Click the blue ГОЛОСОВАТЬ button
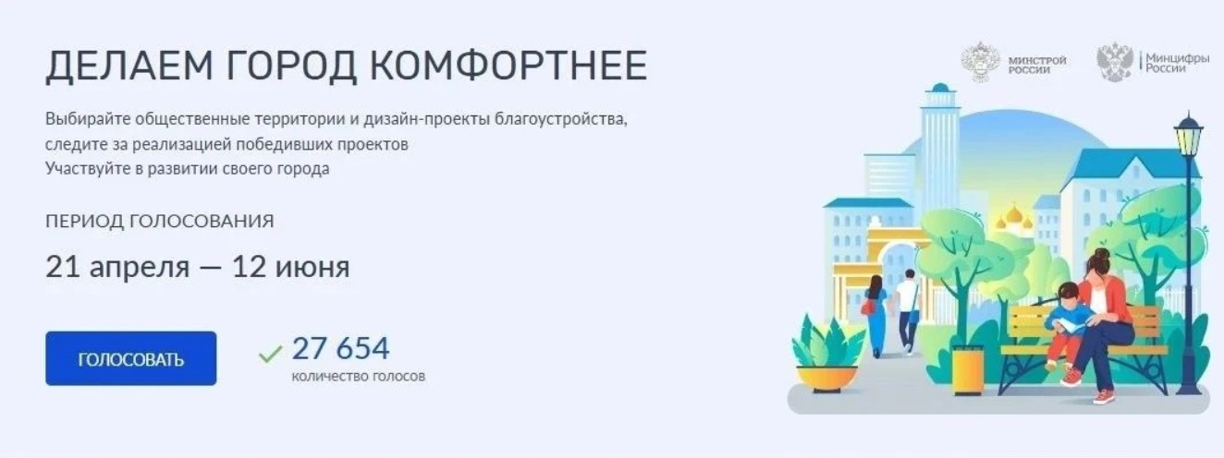tap(130, 358)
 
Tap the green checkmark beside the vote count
tap(270, 354)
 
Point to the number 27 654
tap(340, 349)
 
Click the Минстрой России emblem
tap(979, 62)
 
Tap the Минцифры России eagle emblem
tap(1114, 62)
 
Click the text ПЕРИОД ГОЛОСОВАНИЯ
tap(159, 222)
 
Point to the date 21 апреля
tap(117, 268)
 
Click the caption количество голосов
tap(359, 377)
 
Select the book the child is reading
tap(1071, 326)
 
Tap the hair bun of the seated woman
tap(1101, 253)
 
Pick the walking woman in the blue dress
tap(875, 314)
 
